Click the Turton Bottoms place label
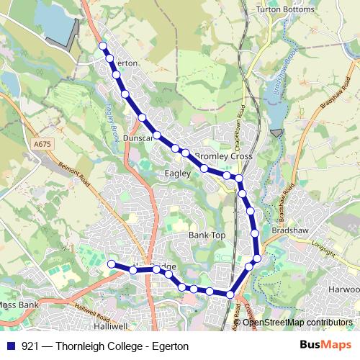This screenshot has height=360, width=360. pos(286,10)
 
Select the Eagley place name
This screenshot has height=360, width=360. pos(177,174)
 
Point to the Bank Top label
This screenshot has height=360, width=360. pos(207,235)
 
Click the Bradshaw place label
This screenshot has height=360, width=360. pos(291,230)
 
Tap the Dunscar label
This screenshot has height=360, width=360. pos(138,138)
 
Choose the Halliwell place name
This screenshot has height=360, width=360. pos(110,326)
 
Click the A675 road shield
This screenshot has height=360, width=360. pos(42,145)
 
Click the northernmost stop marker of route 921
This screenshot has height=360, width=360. pos(103,46)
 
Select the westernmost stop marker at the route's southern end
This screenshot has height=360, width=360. pos(112,264)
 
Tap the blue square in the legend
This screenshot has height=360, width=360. pos(11,346)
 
